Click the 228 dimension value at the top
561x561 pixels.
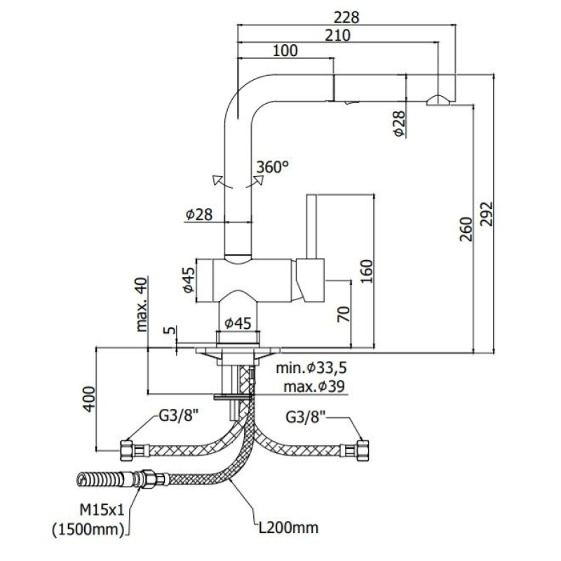346,18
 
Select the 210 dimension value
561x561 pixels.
338,36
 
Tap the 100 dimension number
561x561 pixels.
285,50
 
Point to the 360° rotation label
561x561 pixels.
273,167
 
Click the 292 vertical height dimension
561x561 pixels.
486,214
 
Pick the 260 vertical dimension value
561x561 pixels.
466,229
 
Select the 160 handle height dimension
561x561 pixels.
366,271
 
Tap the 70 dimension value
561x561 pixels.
344,314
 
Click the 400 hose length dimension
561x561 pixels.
89,399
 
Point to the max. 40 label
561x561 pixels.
142,304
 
